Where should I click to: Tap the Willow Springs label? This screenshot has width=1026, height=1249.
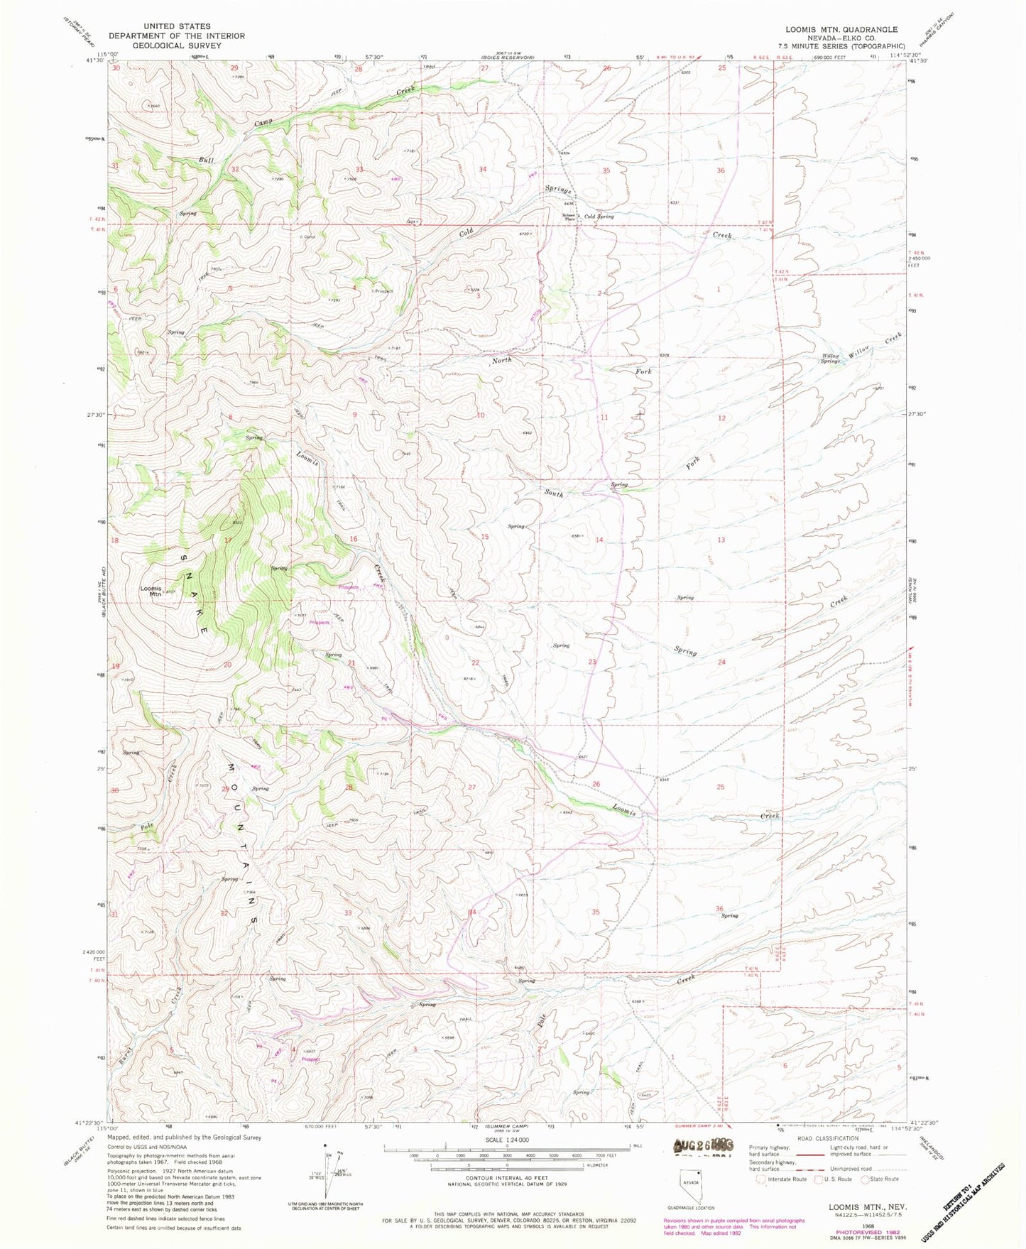(x=830, y=358)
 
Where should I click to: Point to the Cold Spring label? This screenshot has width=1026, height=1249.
(x=599, y=217)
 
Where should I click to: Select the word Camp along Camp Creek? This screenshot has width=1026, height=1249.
(x=263, y=123)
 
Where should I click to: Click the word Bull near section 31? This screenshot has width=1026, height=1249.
(x=206, y=160)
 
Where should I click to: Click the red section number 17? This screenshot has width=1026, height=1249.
(x=227, y=541)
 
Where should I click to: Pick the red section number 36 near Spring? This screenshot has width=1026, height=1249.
(x=719, y=908)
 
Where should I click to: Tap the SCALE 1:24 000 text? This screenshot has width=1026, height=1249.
(x=506, y=1140)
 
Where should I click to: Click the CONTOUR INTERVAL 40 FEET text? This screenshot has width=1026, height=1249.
(x=506, y=1177)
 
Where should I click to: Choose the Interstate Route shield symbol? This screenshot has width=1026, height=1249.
(x=762, y=1179)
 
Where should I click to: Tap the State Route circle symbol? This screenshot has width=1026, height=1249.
(x=866, y=1179)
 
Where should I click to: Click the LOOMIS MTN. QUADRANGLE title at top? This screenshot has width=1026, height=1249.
(x=841, y=30)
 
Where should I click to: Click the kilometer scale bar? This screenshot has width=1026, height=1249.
(x=506, y=1166)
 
